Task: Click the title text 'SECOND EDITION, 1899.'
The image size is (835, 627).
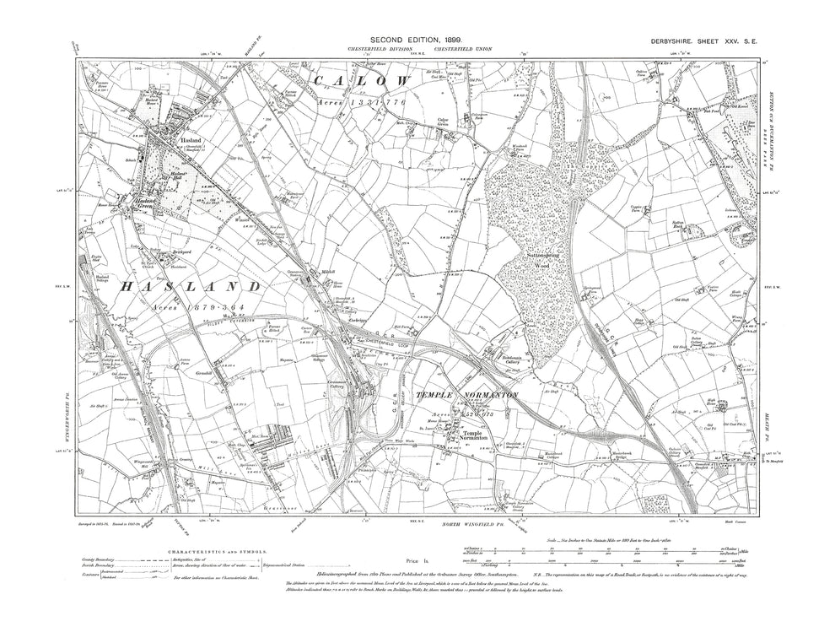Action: point(419,39)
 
